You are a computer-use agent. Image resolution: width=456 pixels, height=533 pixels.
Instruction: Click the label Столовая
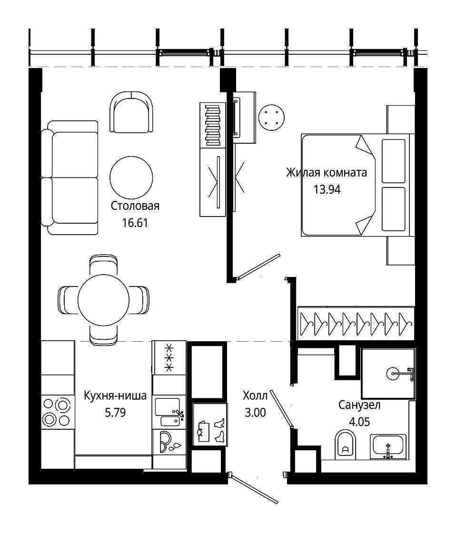pyautogui.click(x=135, y=206)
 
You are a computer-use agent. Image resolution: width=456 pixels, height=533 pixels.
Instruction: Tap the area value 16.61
pyautogui.click(x=135, y=223)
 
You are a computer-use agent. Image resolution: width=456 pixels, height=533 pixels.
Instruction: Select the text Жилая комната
pyautogui.click(x=327, y=173)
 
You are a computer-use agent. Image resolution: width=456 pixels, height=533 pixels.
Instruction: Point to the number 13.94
pyautogui.click(x=327, y=189)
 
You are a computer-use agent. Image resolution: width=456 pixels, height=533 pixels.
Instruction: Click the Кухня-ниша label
pyautogui.click(x=115, y=395)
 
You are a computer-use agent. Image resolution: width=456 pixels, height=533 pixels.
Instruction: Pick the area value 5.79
pyautogui.click(x=115, y=412)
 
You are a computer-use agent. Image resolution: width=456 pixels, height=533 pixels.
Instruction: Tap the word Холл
pyautogui.click(x=255, y=395)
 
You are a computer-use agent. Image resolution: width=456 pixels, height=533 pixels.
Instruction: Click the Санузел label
pyautogui.click(x=359, y=405)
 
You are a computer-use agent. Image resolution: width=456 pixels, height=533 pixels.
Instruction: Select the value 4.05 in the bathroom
pyautogui.click(x=359, y=422)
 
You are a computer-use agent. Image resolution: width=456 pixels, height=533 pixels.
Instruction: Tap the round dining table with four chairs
pyautogui.click(x=103, y=300)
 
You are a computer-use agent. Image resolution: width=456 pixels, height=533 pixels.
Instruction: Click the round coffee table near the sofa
pyautogui.click(x=131, y=178)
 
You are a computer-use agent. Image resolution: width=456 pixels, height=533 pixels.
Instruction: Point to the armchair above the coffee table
pyautogui.click(x=131, y=112)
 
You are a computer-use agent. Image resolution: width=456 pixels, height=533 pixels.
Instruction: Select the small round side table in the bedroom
pyautogui.click(x=271, y=118)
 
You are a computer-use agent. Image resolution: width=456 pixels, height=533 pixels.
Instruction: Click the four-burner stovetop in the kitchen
pyautogui.click(x=57, y=412)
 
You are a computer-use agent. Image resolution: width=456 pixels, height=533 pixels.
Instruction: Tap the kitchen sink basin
pyautogui.click(x=167, y=407)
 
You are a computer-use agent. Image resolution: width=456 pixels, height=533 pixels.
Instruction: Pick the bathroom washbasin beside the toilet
pyautogui.click(x=388, y=446)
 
